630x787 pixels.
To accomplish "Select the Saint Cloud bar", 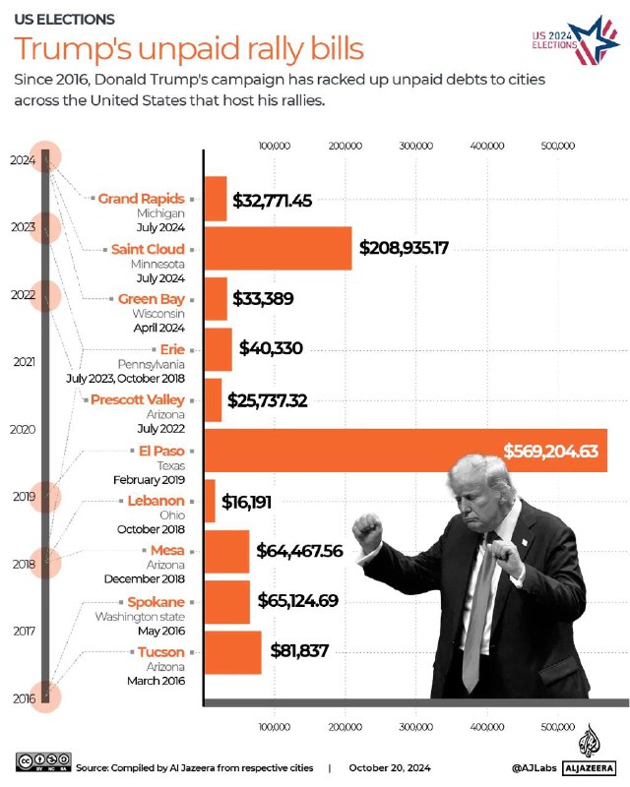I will coord(278,248).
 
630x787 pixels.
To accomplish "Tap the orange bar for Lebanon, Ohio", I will coord(209,501).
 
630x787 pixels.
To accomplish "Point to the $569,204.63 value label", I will coord(550,452).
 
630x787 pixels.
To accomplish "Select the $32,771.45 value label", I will coord(273,200).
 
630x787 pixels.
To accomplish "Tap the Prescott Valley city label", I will coord(137,399).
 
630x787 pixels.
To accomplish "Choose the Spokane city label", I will coord(156,601).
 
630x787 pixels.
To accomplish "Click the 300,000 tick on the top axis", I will coord(415,146).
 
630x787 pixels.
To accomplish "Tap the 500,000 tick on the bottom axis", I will coord(558,727).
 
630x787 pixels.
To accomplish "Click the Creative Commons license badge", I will coord(43,764).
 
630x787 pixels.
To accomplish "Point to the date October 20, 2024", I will coord(391,766).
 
